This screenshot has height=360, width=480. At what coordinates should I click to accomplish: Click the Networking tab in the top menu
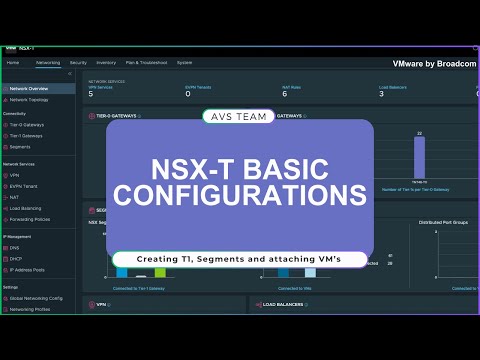48,62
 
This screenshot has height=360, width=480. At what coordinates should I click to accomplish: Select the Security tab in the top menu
78,62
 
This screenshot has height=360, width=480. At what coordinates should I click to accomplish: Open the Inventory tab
106,62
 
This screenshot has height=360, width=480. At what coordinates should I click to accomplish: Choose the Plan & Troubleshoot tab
144,62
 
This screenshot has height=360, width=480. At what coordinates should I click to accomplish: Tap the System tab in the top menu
185,62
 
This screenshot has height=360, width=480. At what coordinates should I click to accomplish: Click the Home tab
13,62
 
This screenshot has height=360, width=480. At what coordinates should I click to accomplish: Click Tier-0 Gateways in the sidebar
29,125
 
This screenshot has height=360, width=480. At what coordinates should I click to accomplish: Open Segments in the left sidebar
22,146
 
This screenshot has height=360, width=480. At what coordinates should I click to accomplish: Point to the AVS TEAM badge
239,115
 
